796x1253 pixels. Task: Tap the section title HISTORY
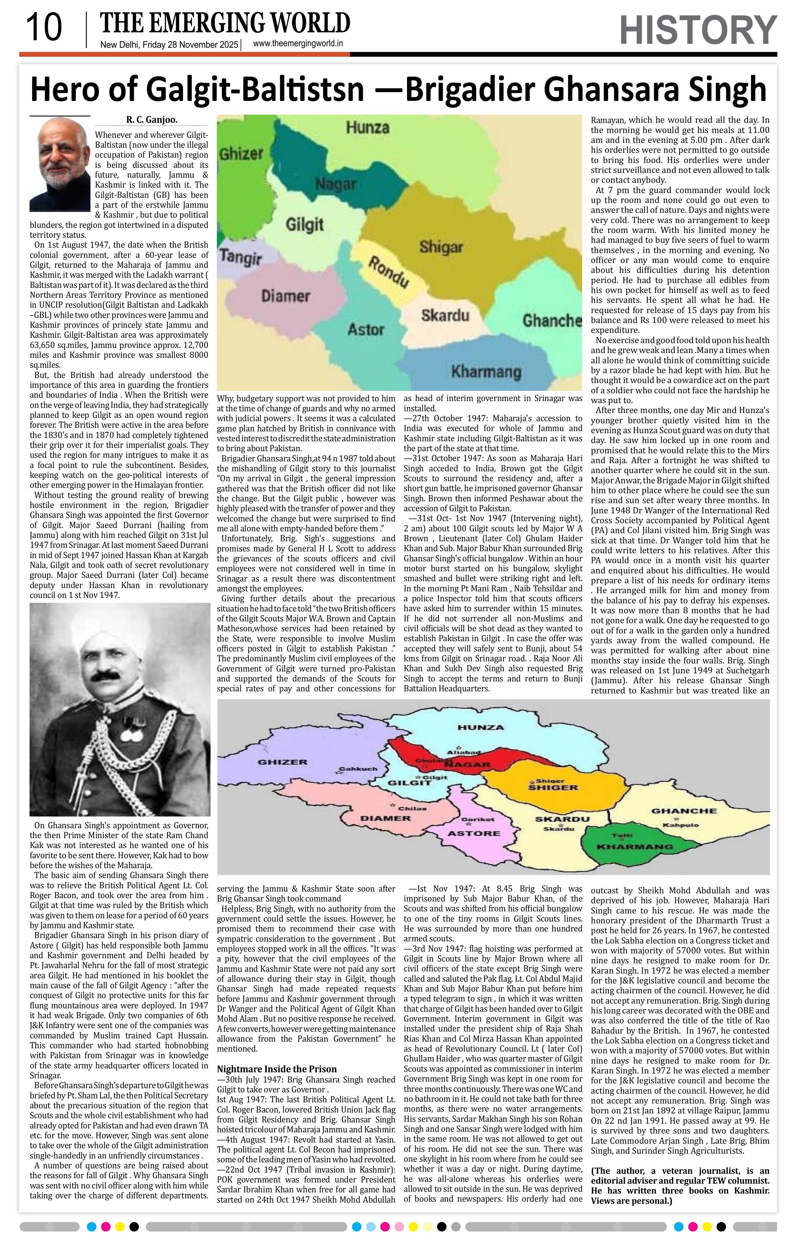(697, 30)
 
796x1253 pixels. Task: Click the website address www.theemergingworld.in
(298, 44)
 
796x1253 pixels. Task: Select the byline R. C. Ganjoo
(151, 120)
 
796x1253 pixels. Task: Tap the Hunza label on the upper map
(368, 128)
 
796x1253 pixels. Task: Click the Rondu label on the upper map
(388, 272)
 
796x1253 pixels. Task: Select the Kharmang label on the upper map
(486, 372)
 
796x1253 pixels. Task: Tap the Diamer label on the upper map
(285, 296)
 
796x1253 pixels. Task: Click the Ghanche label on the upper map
(552, 320)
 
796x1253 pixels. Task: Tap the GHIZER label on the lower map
(283, 762)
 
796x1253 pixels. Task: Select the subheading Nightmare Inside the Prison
(276, 1069)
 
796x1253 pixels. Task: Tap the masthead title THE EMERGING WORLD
(225, 23)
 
